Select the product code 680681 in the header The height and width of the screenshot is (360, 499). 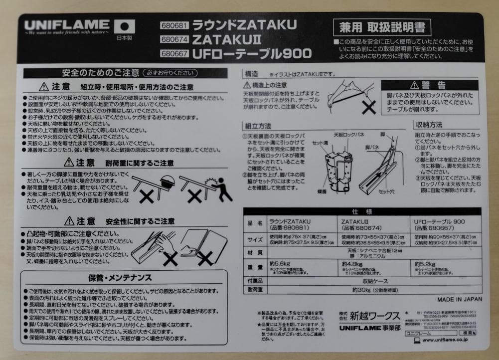click(174, 25)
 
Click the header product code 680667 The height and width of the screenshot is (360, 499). click(174, 53)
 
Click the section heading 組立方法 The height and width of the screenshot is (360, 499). click(258, 126)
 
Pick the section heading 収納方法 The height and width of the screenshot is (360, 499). click(428, 125)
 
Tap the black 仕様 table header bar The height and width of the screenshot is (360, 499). click(362, 211)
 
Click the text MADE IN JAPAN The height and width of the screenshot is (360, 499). click(460, 300)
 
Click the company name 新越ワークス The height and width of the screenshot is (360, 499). click(374, 315)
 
